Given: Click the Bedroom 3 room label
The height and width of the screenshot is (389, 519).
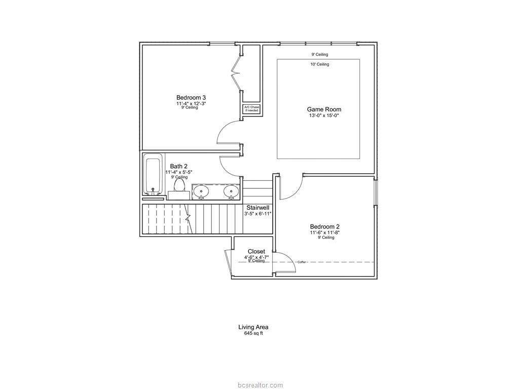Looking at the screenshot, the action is [191, 98].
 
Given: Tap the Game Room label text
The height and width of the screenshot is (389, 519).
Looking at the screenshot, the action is [324, 109].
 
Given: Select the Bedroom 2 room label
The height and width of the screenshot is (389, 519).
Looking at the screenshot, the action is [325, 226].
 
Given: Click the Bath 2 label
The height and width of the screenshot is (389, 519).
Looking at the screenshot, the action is [179, 166].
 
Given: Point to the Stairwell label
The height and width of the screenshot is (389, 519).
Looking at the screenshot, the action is [258, 208].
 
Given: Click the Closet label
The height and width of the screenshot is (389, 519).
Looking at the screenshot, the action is [256, 251].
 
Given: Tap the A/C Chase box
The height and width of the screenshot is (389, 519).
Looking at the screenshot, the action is [251, 109].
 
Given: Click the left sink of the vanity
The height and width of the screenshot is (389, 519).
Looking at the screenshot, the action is [201, 191].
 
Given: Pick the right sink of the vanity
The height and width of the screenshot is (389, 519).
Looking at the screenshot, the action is [231, 191].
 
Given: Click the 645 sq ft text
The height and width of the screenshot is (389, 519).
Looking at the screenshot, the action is [253, 333].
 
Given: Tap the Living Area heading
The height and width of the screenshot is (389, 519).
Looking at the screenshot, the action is [253, 327].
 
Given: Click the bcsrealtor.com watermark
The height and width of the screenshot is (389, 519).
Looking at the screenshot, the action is [260, 385].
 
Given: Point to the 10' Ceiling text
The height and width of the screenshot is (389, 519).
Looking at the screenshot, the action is [320, 64].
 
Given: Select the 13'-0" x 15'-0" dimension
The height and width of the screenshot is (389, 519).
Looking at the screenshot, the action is [324, 116].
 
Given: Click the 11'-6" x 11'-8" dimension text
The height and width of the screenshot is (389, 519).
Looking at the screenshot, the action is [325, 232].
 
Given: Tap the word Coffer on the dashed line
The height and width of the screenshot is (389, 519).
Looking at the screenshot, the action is [302, 262].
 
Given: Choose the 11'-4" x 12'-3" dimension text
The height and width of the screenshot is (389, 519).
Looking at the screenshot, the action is [191, 103].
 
